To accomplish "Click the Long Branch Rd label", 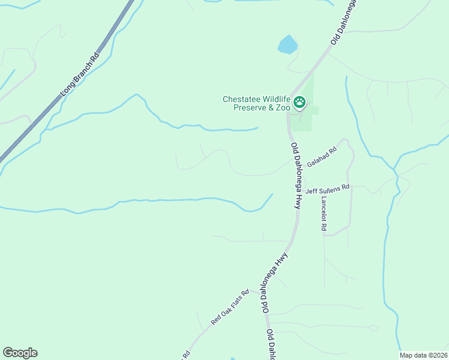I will (x=79, y=75).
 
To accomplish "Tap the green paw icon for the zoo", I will (x=299, y=103).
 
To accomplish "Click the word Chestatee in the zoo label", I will (x=241, y=100).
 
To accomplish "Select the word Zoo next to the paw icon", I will (x=284, y=108).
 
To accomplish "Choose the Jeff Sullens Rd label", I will (x=327, y=190).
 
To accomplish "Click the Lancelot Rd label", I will (x=324, y=214).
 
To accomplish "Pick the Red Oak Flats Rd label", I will (x=229, y=308).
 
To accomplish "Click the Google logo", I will (x=20, y=353).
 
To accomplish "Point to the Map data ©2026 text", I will (x=424, y=355).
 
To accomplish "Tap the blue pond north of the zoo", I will (x=288, y=44).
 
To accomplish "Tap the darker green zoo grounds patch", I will (x=307, y=117).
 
